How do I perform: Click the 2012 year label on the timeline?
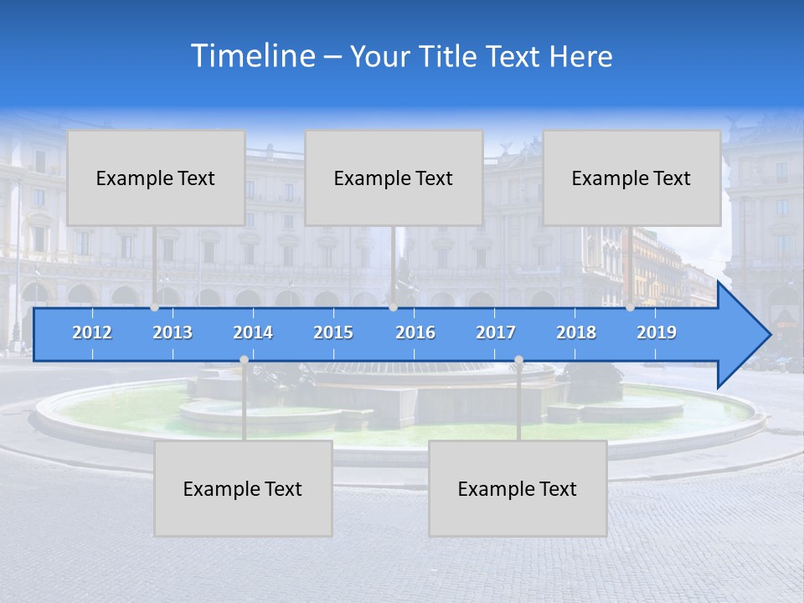(x=92, y=332)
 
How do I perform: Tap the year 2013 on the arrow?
(x=173, y=332)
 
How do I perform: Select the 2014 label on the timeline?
(x=253, y=332)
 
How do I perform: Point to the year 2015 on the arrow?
(x=333, y=332)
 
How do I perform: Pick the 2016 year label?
(x=415, y=332)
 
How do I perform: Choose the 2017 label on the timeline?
(x=496, y=332)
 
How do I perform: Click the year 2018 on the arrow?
(x=576, y=332)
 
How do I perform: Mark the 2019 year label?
(x=657, y=332)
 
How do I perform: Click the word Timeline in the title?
(x=252, y=56)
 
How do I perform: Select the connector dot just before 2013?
(x=155, y=307)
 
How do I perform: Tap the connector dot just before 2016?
(x=393, y=307)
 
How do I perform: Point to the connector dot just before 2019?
(x=630, y=307)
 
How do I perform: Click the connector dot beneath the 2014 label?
(x=244, y=360)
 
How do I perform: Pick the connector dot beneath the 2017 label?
(x=518, y=360)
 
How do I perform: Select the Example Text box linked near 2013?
(x=156, y=178)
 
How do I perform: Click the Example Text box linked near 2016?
(x=394, y=178)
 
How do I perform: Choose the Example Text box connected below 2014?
(x=243, y=488)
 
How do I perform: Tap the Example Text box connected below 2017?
(x=518, y=488)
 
